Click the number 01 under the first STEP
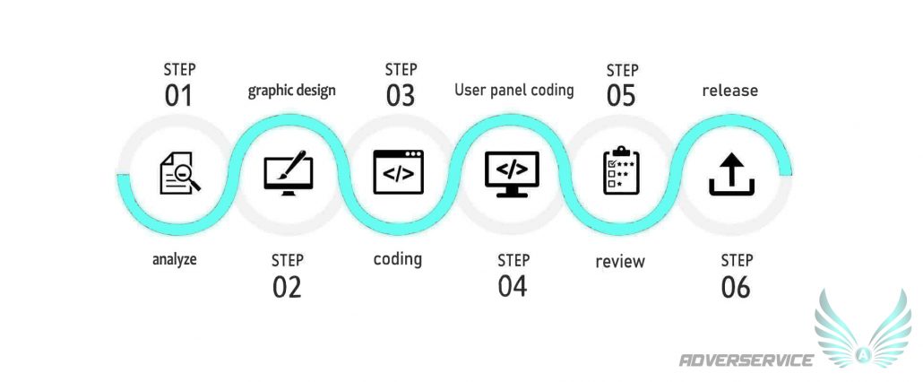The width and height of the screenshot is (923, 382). (x=179, y=96)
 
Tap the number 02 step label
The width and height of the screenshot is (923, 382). (x=288, y=287)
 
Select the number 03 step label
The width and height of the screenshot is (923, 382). (x=401, y=95)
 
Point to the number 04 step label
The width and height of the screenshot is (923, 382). (x=513, y=287)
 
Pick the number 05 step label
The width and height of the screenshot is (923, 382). (x=622, y=96)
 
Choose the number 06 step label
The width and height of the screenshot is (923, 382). (x=736, y=287)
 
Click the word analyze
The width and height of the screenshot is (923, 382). (x=174, y=260)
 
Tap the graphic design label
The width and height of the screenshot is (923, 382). (x=292, y=91)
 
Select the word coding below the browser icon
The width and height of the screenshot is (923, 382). (x=398, y=259)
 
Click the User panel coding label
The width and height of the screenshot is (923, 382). (x=513, y=90)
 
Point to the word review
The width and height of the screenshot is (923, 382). (x=620, y=261)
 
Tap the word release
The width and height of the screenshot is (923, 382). (x=730, y=91)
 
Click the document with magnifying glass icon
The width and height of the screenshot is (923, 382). (x=179, y=173)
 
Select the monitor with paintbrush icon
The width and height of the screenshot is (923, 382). (x=289, y=173)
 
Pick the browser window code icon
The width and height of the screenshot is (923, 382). (x=399, y=172)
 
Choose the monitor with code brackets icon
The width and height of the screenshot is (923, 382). (x=512, y=174)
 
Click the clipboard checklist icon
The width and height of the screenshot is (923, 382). (x=621, y=170)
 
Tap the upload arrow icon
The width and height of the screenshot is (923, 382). (x=732, y=174)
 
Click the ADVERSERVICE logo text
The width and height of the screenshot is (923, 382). (x=746, y=360)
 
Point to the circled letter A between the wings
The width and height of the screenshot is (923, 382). (x=863, y=354)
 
